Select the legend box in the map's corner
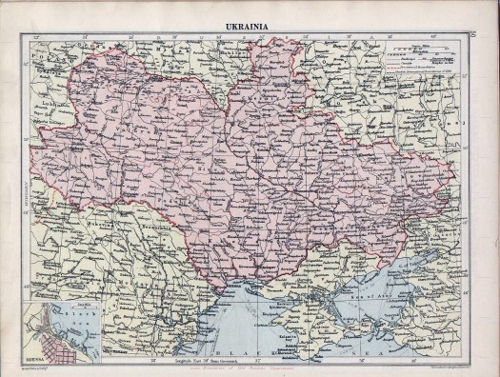pos(424,61)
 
